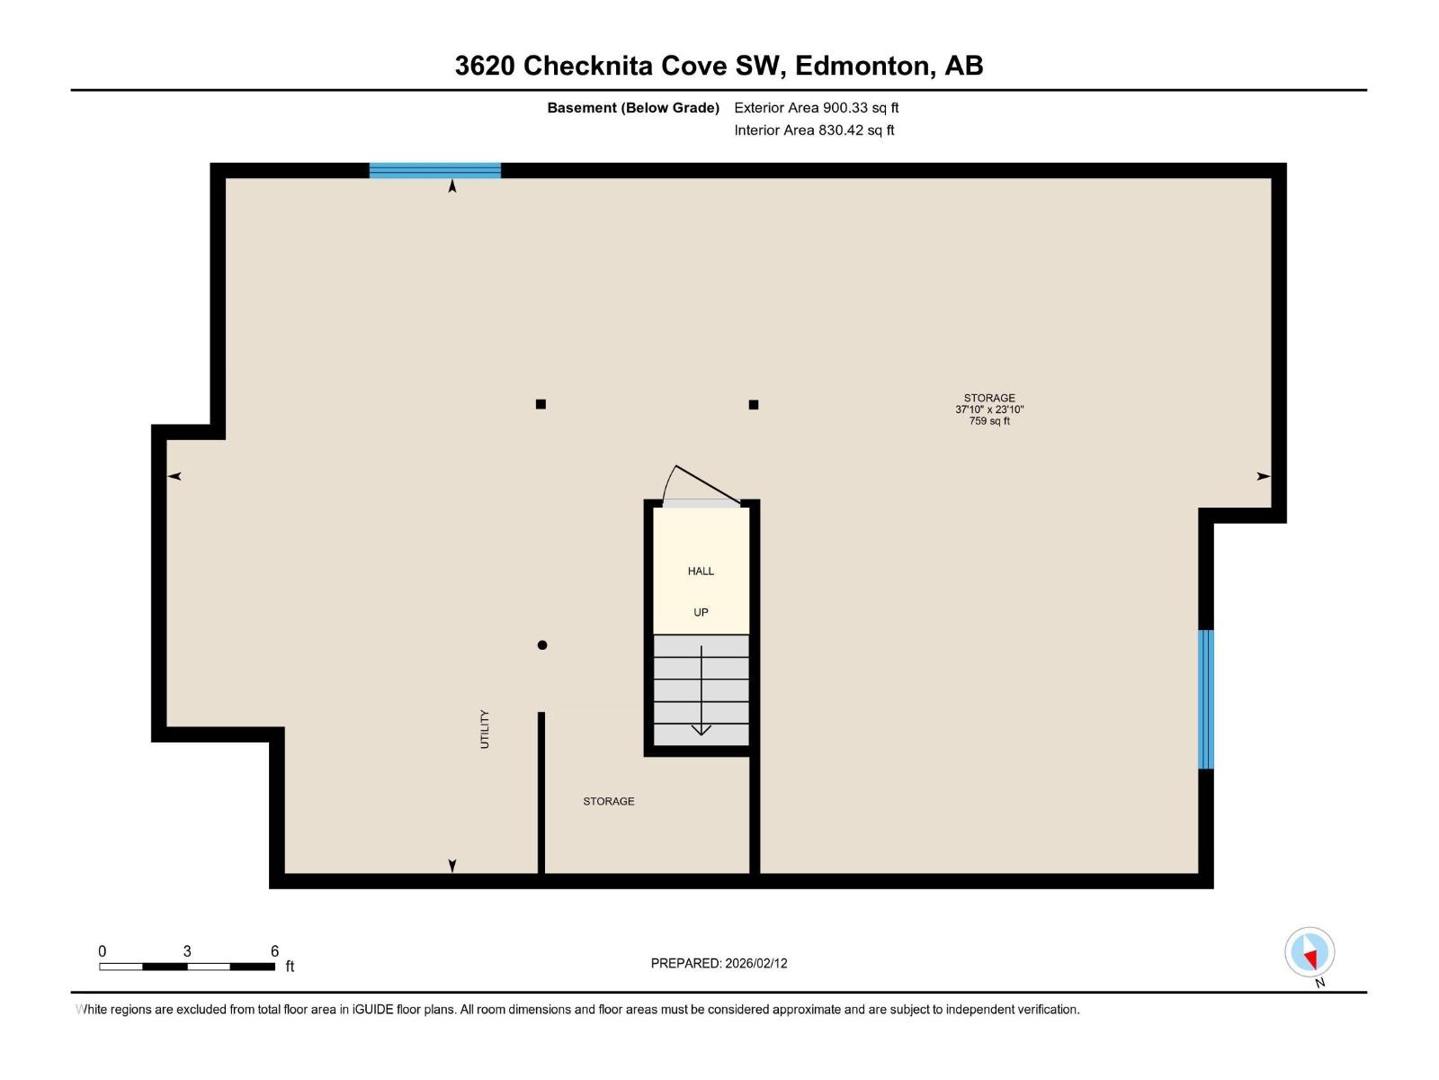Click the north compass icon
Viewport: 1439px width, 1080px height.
point(1309,952)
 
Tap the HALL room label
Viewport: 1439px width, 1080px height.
point(701,571)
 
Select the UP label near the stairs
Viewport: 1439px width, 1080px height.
point(701,613)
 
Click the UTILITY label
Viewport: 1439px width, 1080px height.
point(485,729)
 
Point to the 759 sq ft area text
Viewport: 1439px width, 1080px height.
point(989,421)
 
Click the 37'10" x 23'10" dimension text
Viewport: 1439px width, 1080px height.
point(989,409)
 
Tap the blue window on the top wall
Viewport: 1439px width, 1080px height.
point(434,170)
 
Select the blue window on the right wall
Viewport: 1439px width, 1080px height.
point(1206,699)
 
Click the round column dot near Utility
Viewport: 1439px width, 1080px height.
point(542,645)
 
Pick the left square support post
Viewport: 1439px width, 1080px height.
point(541,405)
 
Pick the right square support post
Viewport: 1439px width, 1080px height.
point(754,405)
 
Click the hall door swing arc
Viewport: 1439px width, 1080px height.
point(669,482)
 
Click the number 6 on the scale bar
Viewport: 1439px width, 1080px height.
point(274,950)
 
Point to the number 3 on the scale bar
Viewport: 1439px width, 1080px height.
point(187,950)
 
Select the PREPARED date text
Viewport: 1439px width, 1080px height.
point(719,963)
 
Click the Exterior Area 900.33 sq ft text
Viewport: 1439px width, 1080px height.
point(817,107)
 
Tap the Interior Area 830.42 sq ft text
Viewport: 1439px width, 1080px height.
point(814,130)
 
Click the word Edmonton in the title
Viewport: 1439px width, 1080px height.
point(865,66)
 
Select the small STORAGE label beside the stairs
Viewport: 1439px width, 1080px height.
point(609,801)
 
